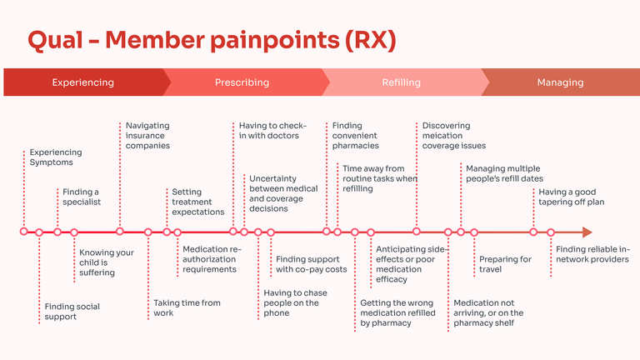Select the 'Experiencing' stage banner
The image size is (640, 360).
pyautogui.click(x=82, y=82)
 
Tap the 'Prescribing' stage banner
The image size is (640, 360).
pyautogui.click(x=242, y=82)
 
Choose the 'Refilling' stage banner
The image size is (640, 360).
pyautogui.click(x=401, y=82)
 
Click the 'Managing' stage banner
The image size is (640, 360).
pyautogui.click(x=560, y=82)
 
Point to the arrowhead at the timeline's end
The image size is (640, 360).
pyautogui.click(x=587, y=232)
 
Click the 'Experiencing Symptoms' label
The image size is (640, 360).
pyautogui.click(x=56, y=157)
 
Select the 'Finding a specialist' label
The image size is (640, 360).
pyautogui.click(x=82, y=197)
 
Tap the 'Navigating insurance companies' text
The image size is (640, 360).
pyautogui.click(x=147, y=136)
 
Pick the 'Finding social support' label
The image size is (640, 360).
pyautogui.click(x=72, y=312)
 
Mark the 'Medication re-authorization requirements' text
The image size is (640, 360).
pyautogui.click(x=212, y=259)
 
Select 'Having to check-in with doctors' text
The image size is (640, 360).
pyautogui.click(x=268, y=131)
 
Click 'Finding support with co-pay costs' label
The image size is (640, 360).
pyautogui.click(x=311, y=264)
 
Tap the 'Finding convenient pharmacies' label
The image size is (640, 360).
pyautogui.click(x=355, y=136)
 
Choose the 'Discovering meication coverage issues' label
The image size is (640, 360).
pyautogui.click(x=453, y=136)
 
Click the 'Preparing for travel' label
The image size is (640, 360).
pyautogui.click(x=505, y=264)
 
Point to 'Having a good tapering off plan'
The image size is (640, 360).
pyautogui.click(x=571, y=197)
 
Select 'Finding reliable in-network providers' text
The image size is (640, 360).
pyautogui.click(x=592, y=254)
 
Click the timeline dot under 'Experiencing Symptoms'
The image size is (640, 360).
pyautogui.click(x=23, y=232)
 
